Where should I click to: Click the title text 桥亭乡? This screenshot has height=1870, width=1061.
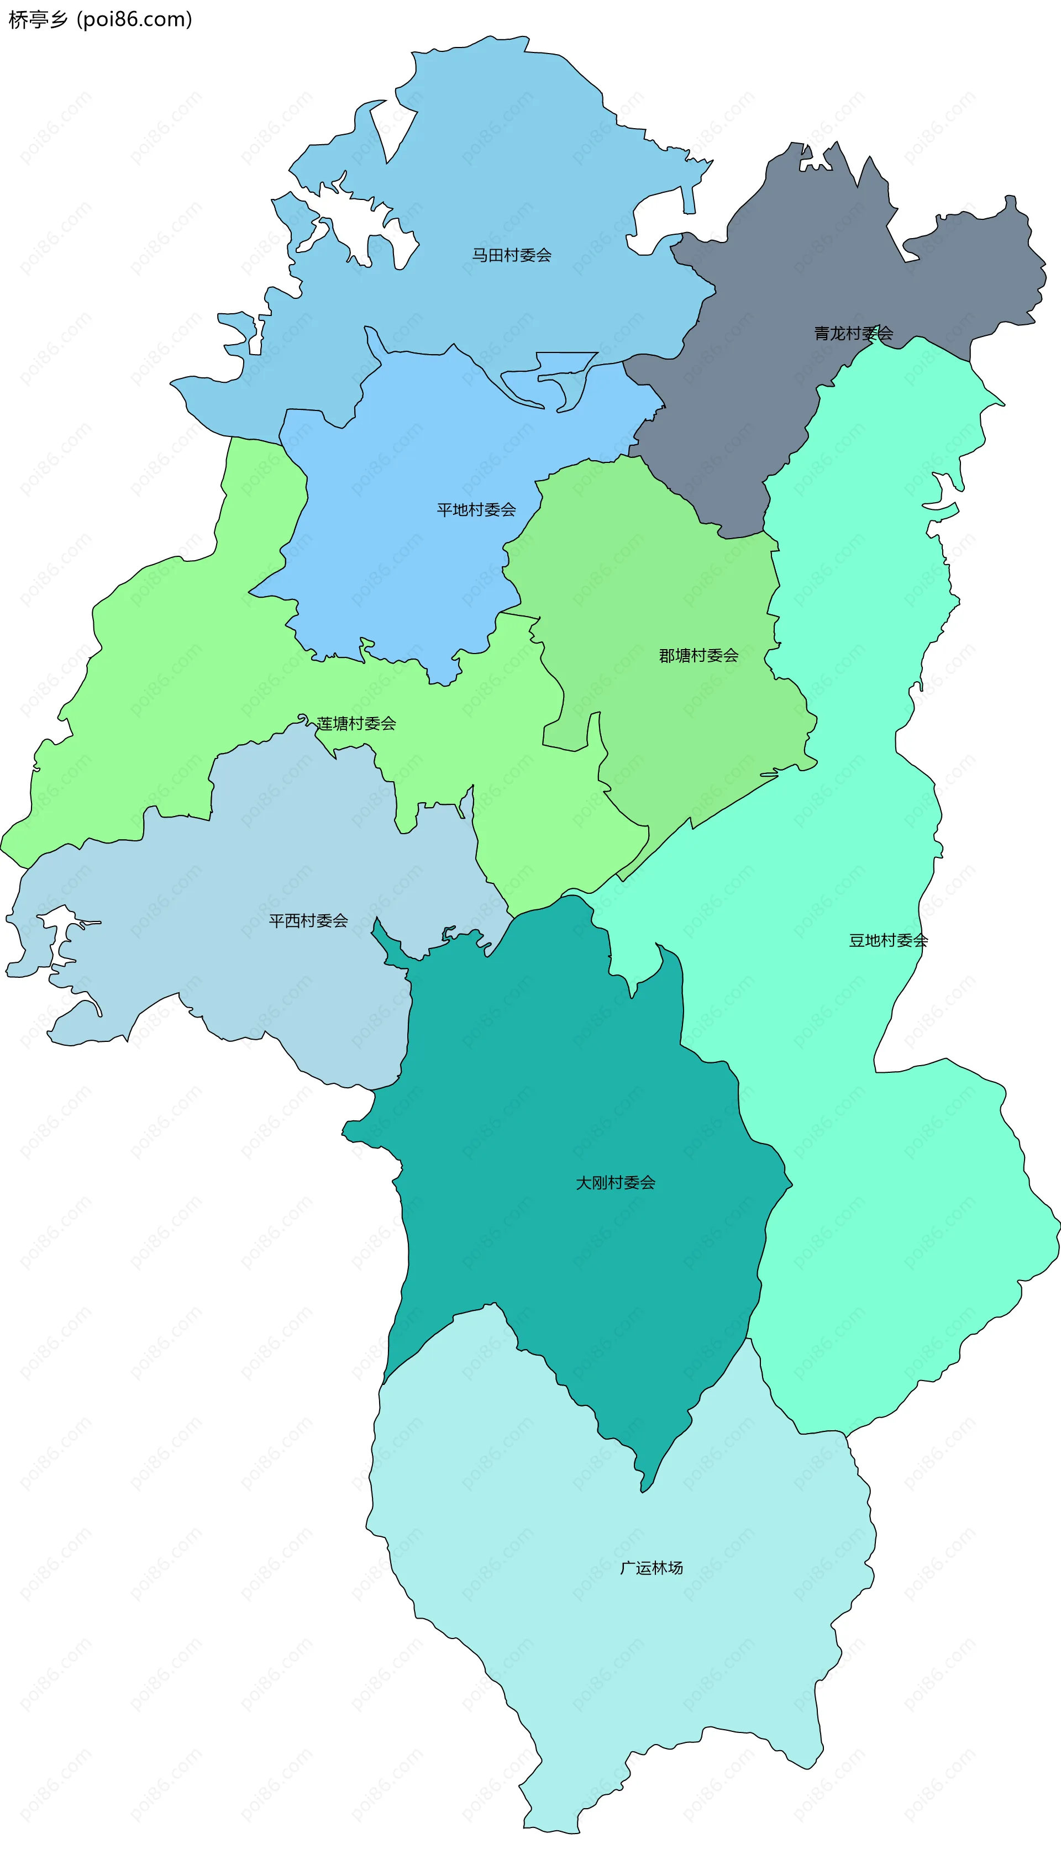tap(38, 20)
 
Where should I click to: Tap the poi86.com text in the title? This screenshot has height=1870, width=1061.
tap(134, 20)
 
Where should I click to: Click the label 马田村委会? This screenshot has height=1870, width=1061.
tap(512, 255)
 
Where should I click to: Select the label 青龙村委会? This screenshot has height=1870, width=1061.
tap(853, 334)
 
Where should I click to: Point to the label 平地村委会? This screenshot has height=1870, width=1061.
tap(476, 510)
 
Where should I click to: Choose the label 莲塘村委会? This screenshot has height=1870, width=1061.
tap(356, 723)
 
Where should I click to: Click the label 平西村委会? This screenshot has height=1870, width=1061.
tap(308, 921)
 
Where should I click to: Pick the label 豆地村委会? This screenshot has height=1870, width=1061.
tap(887, 940)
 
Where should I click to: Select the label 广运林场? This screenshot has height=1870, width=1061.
tap(652, 1568)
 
